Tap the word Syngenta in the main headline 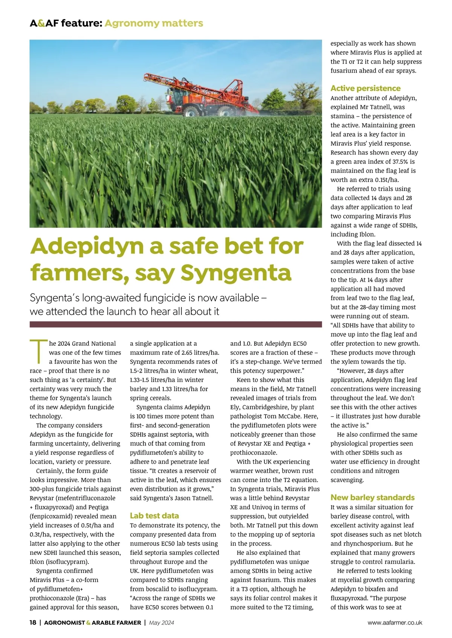[236, 273]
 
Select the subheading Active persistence [365, 88]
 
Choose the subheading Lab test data [154, 516]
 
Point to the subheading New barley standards [372, 498]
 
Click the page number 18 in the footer [33, 623]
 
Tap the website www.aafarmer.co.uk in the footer [395, 623]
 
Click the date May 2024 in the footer [162, 623]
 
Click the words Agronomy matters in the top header [154, 23]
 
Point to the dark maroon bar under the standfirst [176, 324]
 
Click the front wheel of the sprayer [191, 112]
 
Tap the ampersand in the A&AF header [41, 23]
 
